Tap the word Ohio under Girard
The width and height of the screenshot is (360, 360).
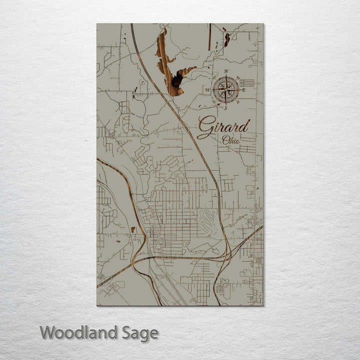231,140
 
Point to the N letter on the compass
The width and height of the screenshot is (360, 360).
226,71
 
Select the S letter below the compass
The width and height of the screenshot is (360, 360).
225,108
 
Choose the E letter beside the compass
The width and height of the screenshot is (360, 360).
243,90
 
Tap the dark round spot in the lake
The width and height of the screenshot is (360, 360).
176,81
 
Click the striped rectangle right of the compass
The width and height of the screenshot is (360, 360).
247,82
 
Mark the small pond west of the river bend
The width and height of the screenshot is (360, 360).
133,230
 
